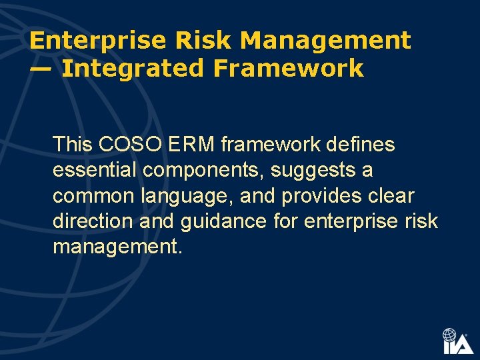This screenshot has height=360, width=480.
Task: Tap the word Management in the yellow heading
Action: tap(325, 41)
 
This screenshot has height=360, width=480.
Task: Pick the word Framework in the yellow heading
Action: tap(288, 68)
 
